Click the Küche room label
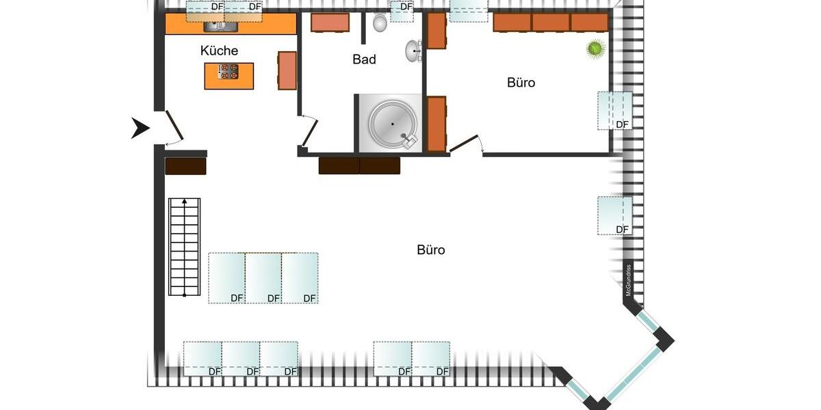[x=219, y=51]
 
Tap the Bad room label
[x=364, y=59]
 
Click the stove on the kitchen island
[x=229, y=72]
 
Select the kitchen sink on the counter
[x=220, y=26]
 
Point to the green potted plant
[x=596, y=49]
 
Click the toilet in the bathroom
[x=380, y=24]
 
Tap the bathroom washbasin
[x=413, y=51]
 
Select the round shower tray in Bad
[x=393, y=124]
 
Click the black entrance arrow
[x=140, y=128]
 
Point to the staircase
[x=184, y=247]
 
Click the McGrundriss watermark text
[x=627, y=280]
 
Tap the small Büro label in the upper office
[x=521, y=83]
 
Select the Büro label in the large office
[x=430, y=250]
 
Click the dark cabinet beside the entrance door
[x=185, y=166]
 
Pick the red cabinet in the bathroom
[x=330, y=23]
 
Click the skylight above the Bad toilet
[x=402, y=10]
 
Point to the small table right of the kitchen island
[x=287, y=70]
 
